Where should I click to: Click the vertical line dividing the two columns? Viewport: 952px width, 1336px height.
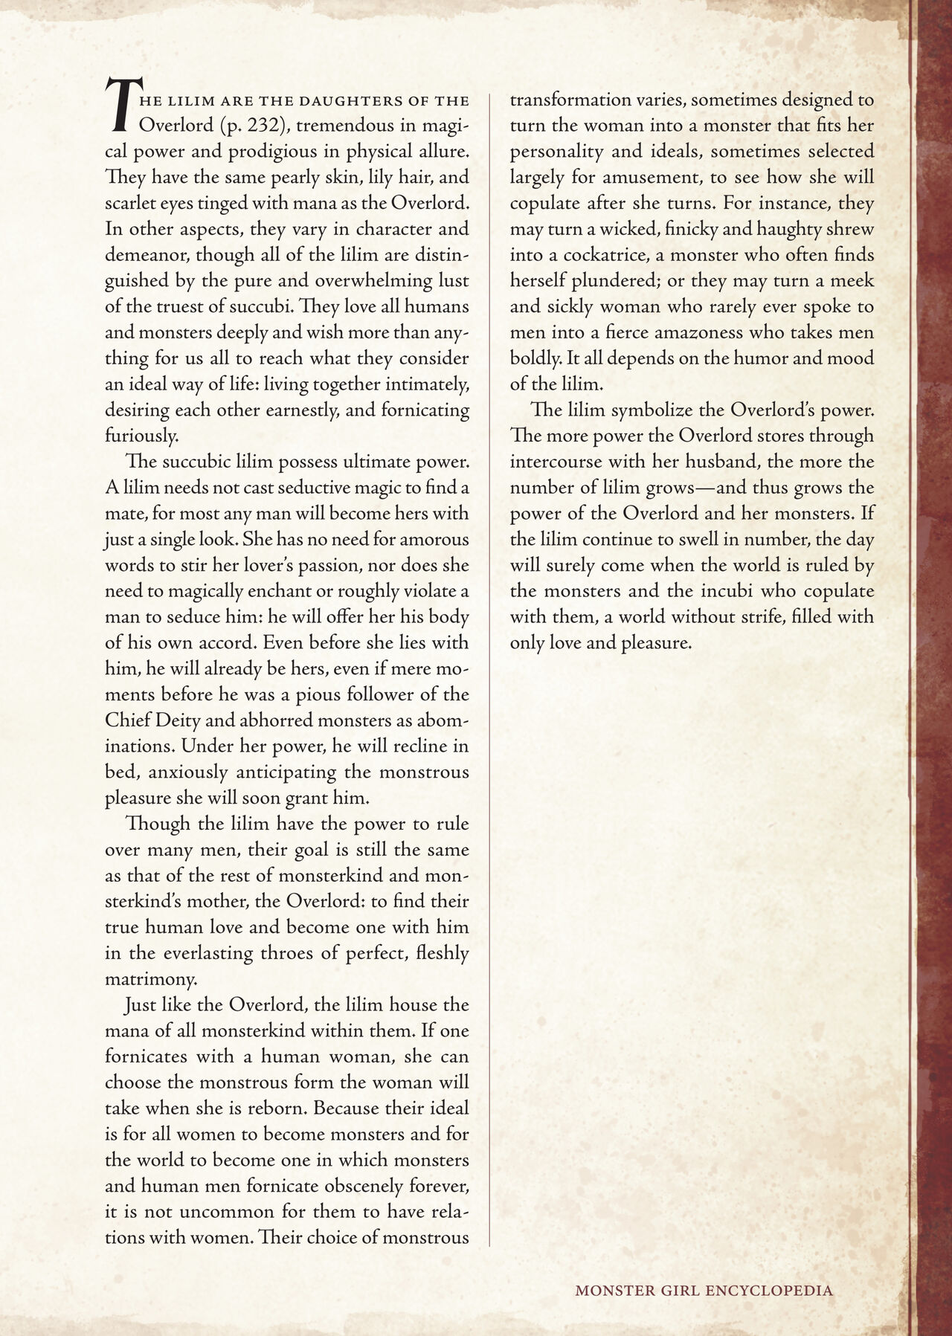[x=489, y=669]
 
